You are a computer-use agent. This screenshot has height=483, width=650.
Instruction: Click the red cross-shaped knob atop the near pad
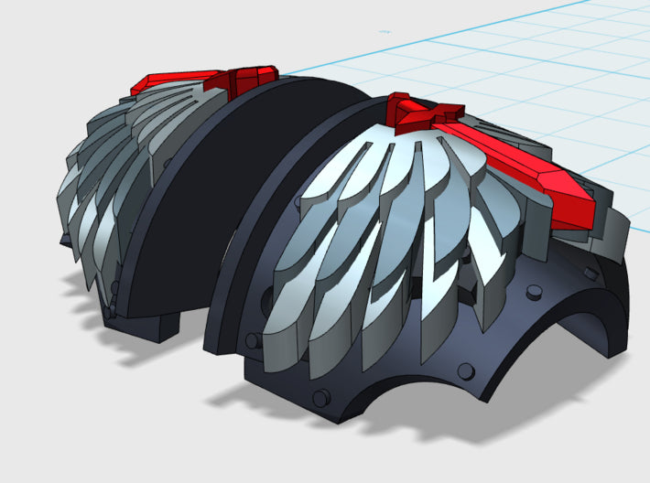click(424, 113)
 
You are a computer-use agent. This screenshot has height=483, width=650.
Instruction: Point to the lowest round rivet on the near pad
click(322, 401)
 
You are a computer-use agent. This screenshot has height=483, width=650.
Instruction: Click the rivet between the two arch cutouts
click(465, 370)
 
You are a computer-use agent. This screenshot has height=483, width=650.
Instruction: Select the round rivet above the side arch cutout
click(531, 294)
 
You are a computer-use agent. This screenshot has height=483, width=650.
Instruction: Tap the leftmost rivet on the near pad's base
click(250, 342)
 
